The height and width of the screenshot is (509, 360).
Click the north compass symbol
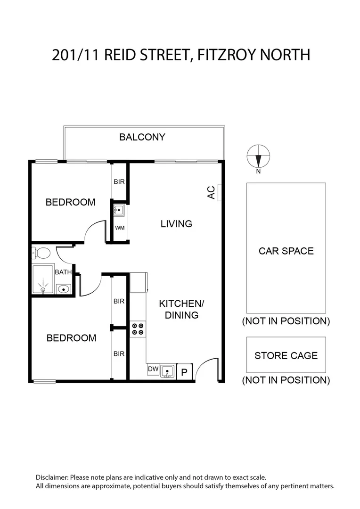point(258,156)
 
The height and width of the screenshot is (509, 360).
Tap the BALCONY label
point(142,137)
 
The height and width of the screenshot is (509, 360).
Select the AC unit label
point(212,192)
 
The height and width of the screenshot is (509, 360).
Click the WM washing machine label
point(120,228)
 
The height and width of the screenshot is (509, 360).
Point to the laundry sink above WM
point(120,210)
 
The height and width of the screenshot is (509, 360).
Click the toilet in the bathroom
point(41,253)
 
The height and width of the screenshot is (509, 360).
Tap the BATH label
point(63,272)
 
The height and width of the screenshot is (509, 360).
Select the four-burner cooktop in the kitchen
point(138,328)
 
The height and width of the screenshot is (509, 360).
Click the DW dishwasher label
point(153,369)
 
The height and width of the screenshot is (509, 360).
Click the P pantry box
point(185,371)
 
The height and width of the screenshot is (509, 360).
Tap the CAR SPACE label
point(286,251)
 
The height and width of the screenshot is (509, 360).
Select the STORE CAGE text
point(286,355)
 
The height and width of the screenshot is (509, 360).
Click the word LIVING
point(176,224)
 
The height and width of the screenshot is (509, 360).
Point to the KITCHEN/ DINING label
point(181,309)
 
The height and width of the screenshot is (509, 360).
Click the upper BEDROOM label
point(70,202)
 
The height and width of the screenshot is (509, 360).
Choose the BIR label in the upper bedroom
point(119,182)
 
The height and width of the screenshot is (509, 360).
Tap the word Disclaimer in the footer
point(52,477)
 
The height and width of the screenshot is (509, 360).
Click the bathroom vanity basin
point(63,288)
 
